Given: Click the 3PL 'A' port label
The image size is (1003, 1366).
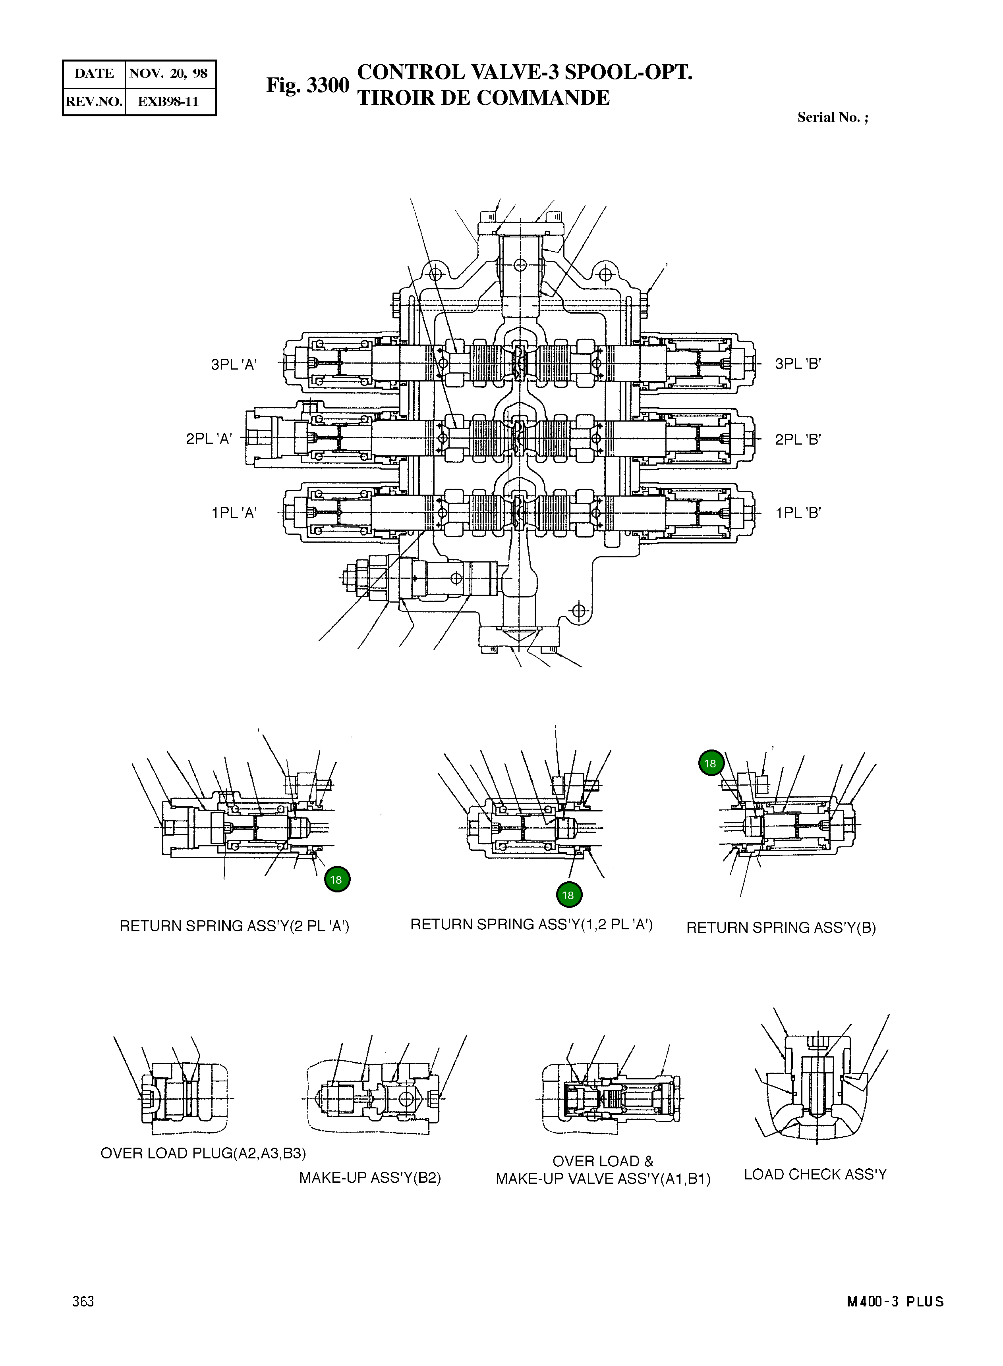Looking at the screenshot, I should pos(234,365).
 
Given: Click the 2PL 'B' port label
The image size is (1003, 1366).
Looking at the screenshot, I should pos(798,439).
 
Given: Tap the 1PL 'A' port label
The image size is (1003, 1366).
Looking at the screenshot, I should pos(234,513).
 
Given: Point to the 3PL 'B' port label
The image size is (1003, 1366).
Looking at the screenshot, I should pos(798,364).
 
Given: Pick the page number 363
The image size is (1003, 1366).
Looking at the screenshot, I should pos(83,1301).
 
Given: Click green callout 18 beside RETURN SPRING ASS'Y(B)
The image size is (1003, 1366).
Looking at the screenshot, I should pos(710,763).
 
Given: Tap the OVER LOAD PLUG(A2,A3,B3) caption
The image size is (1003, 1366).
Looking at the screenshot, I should pos(203,1153).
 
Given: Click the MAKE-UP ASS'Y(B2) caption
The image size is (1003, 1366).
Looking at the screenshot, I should pos(370,1178).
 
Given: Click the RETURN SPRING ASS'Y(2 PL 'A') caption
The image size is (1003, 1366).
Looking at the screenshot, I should pos(234,926).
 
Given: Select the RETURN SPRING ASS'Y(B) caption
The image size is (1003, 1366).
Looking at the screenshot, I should pos(781,927).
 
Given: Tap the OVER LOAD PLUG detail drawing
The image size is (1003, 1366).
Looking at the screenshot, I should pos(182,1098).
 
